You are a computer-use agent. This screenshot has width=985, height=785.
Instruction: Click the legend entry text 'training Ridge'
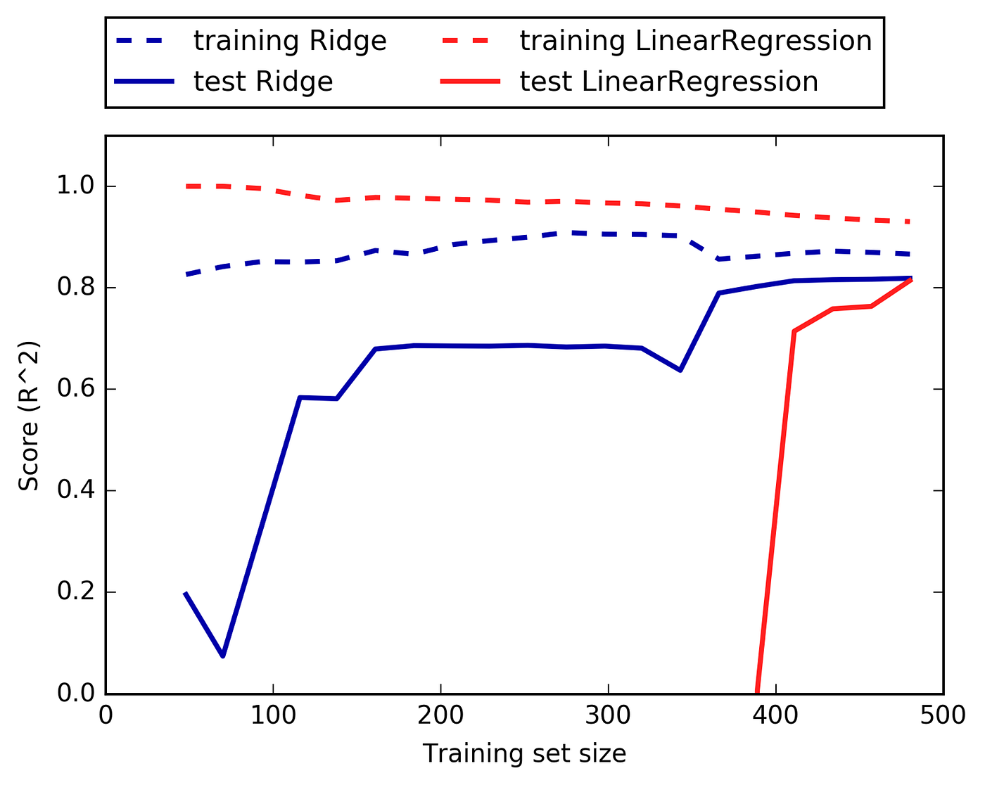[x=290, y=41]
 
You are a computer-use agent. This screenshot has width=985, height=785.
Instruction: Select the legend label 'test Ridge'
[x=263, y=82]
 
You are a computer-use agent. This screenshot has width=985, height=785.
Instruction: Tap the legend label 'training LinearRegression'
[x=696, y=41]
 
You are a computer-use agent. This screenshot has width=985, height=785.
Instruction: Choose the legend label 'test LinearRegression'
[x=669, y=82]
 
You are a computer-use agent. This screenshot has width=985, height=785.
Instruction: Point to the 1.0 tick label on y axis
[x=76, y=187]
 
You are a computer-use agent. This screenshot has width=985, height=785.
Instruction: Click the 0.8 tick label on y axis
[x=76, y=288]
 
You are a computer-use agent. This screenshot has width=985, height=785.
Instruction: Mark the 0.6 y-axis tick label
[x=76, y=390]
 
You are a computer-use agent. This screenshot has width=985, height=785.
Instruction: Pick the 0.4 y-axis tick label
[x=76, y=491]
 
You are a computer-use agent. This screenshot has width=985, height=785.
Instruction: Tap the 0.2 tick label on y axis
[x=76, y=592]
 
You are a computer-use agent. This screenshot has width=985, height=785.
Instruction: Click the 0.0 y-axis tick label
[x=76, y=694]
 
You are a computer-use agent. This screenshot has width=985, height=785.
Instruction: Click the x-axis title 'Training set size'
[x=524, y=754]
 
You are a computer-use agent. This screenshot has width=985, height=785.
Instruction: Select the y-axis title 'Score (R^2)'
[x=29, y=416]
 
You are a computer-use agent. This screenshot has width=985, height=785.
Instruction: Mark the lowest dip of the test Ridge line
[x=223, y=656]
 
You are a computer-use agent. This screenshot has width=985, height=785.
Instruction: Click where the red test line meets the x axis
[x=757, y=693]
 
